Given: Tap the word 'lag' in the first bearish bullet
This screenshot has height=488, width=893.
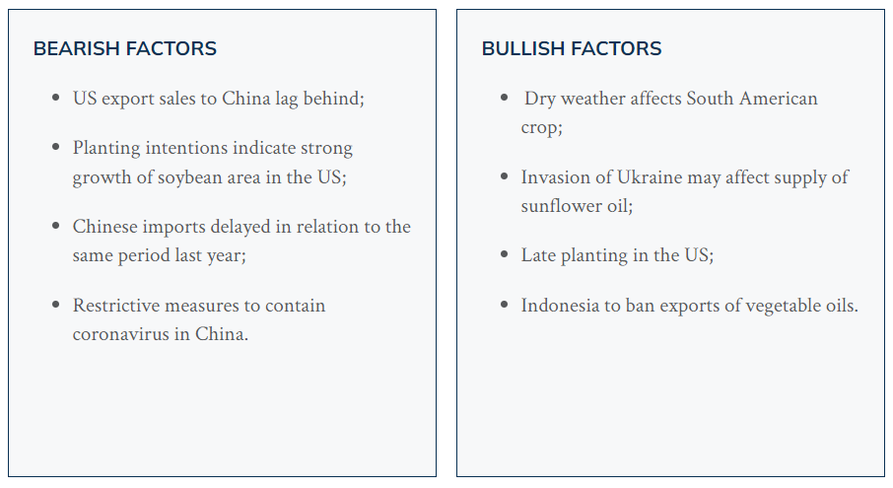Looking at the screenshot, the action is click(287, 100).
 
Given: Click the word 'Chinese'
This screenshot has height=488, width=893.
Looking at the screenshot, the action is click(104, 227).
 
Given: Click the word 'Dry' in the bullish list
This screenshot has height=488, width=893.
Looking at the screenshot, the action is click(539, 100).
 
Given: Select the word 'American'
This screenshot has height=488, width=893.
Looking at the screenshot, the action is click(779, 99).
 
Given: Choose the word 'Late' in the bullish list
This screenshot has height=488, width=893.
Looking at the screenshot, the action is click(538, 255).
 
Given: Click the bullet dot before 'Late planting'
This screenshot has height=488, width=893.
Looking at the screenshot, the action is click(504, 254).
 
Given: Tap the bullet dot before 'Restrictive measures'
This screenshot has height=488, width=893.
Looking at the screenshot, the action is click(55, 305).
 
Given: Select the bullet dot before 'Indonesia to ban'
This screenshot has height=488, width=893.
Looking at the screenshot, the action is click(504, 305).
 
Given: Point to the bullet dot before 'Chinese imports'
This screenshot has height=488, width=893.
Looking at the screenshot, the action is click(55, 226).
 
